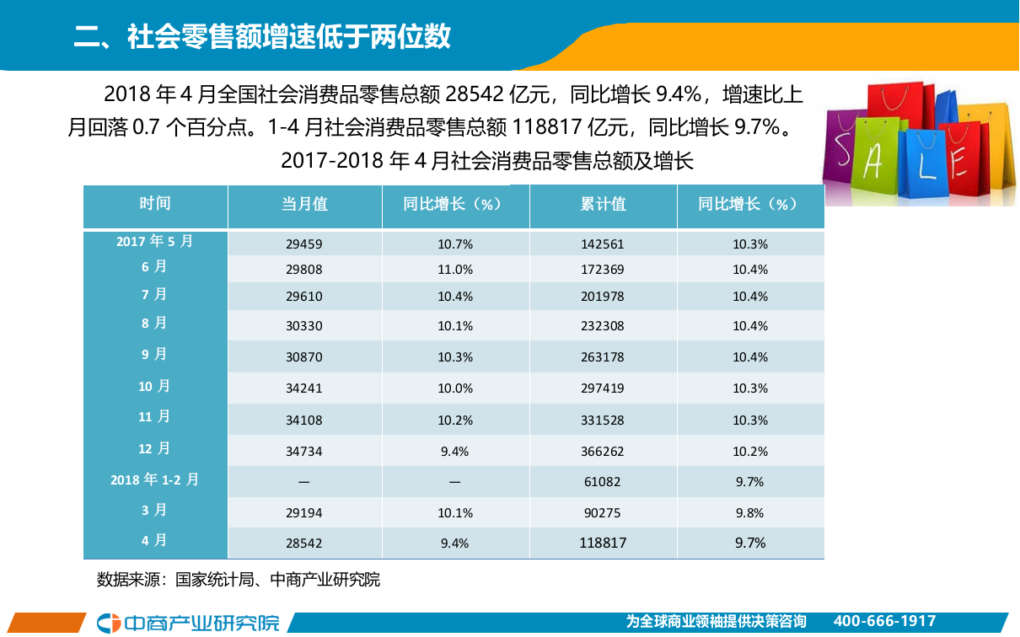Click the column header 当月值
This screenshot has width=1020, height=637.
(x=304, y=205)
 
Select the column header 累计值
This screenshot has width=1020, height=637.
(x=603, y=205)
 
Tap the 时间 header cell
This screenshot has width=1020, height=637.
(x=155, y=204)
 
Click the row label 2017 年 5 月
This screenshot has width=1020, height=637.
(x=155, y=241)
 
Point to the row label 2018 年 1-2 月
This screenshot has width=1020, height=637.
(x=155, y=479)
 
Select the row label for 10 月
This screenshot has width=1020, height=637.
(x=155, y=386)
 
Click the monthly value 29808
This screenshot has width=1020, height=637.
(x=304, y=270)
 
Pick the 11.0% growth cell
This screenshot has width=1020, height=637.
(x=455, y=270)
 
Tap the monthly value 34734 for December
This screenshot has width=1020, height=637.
(x=304, y=452)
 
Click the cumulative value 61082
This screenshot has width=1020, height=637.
(x=603, y=482)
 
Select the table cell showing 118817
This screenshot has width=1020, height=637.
(x=603, y=543)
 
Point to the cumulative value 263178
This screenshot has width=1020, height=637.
(x=603, y=357)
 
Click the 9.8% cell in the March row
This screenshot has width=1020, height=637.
(x=749, y=513)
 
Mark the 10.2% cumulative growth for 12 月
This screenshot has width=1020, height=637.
(x=749, y=452)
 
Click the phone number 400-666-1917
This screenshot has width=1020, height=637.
(x=884, y=622)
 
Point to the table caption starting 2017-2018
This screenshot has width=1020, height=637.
(x=486, y=160)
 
